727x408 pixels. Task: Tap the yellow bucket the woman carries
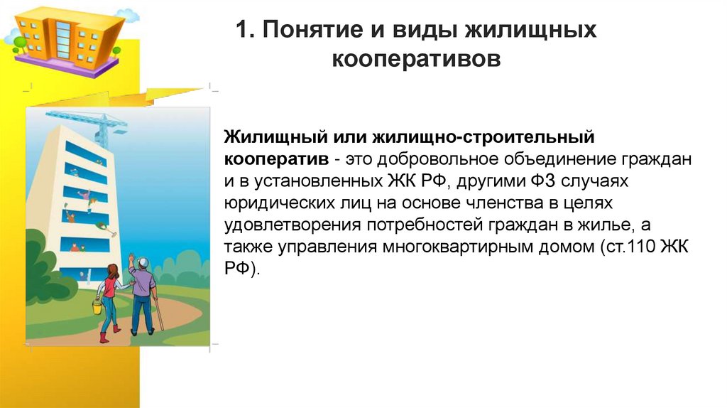97,306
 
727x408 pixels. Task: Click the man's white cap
143,260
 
